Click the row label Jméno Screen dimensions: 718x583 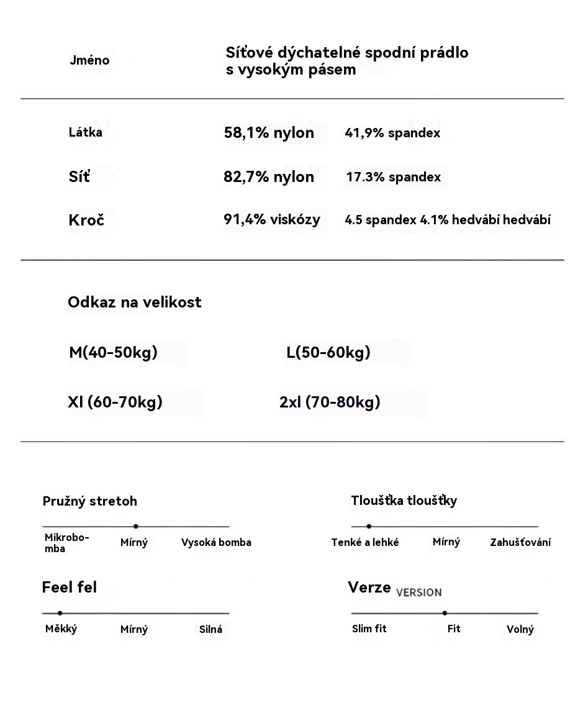pyautogui.click(x=89, y=60)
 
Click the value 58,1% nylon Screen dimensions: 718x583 pyautogui.click(x=269, y=133)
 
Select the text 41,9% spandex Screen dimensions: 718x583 pyautogui.click(x=392, y=133)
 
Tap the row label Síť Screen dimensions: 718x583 pyautogui.click(x=79, y=177)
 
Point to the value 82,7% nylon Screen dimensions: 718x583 pyautogui.click(x=269, y=177)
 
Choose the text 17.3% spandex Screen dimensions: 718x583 pyautogui.click(x=394, y=177)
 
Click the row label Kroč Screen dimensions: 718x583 pyautogui.click(x=86, y=220)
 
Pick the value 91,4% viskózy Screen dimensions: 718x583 pyautogui.click(x=272, y=219)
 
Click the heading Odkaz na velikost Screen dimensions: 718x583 pyautogui.click(x=135, y=302)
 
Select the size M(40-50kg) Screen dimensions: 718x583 pyautogui.click(x=113, y=353)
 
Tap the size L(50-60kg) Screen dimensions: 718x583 pyautogui.click(x=328, y=353)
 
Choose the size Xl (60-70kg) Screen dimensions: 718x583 pyautogui.click(x=115, y=402)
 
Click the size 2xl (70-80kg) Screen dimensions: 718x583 pyautogui.click(x=330, y=402)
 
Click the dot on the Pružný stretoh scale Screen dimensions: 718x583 pyautogui.click(x=136, y=527)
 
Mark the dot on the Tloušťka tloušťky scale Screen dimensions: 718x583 pyautogui.click(x=369, y=527)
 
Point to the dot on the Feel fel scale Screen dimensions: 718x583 pyautogui.click(x=60, y=613)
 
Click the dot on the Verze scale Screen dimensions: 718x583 pyautogui.click(x=445, y=613)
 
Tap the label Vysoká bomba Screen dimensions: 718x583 pyautogui.click(x=216, y=543)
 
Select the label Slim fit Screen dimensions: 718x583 pyautogui.click(x=369, y=629)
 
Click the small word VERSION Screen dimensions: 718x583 pyautogui.click(x=419, y=593)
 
